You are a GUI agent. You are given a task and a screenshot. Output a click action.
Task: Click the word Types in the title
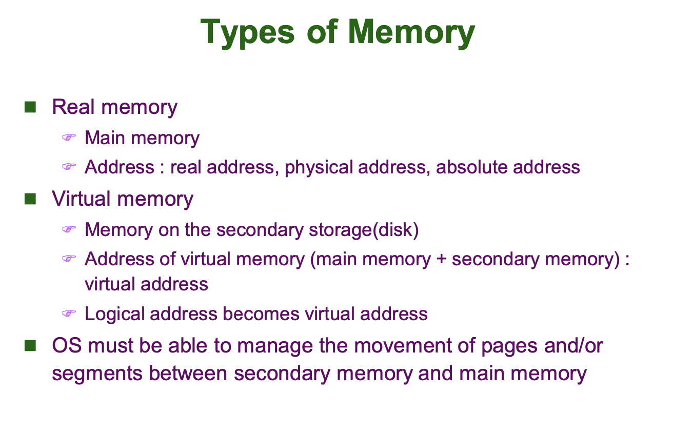click(247, 32)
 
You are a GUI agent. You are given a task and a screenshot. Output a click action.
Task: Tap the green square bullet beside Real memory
click(30, 107)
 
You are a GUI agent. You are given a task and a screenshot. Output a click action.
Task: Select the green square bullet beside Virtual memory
click(30, 199)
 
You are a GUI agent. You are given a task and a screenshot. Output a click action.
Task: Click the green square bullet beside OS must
click(30, 345)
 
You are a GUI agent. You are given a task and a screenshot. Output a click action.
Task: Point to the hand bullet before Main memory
click(69, 138)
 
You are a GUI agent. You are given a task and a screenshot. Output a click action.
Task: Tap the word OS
click(67, 345)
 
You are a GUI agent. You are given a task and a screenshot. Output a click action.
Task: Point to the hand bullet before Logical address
click(69, 313)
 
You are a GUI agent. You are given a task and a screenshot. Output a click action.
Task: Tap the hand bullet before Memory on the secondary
click(69, 229)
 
